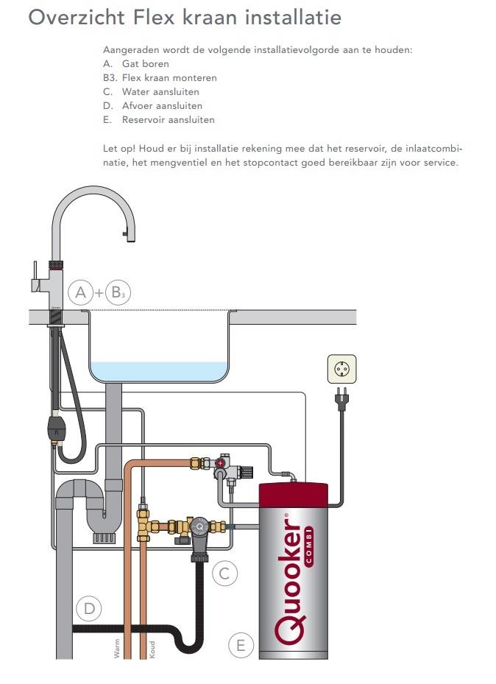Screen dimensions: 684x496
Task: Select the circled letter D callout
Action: [88, 608]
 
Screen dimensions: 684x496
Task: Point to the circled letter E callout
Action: [240, 646]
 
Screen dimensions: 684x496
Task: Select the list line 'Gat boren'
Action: [145, 64]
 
